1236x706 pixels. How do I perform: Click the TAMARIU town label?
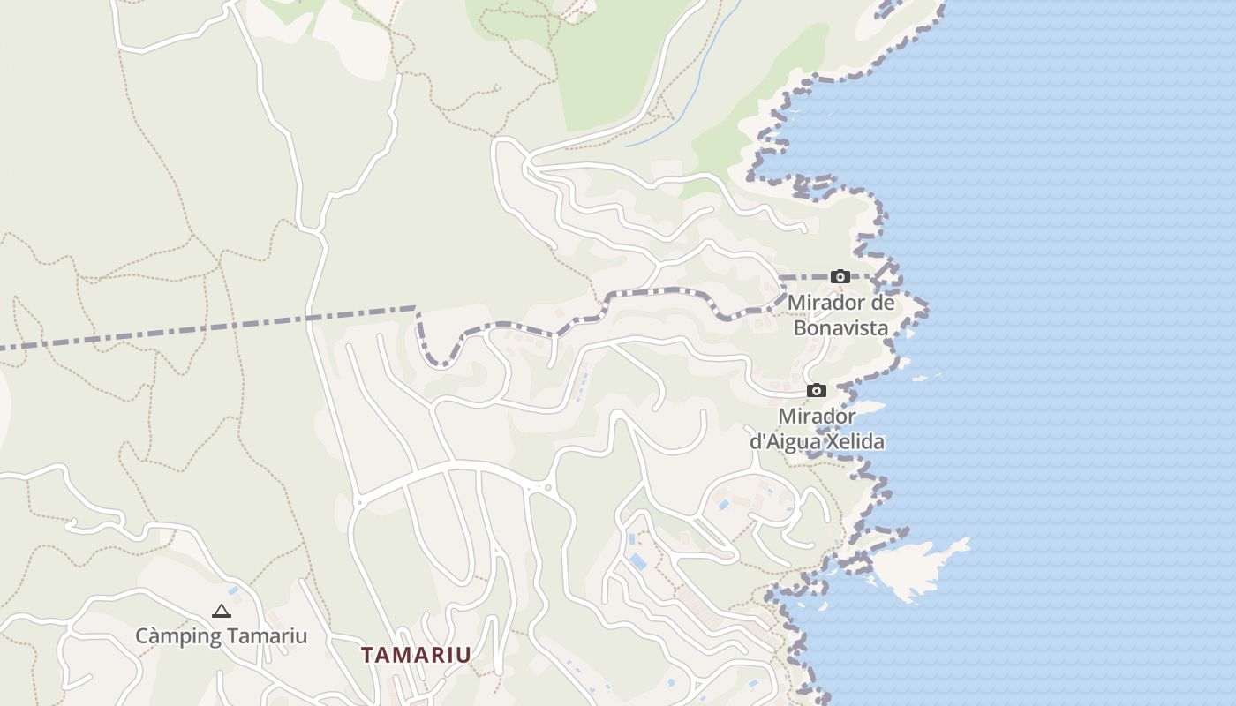tap(416, 655)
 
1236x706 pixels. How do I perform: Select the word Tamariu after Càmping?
tap(267, 635)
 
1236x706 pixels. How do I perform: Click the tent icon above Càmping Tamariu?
tap(221, 610)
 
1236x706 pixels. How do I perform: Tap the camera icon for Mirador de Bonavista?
tap(840, 277)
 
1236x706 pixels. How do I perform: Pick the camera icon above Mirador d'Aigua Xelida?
tap(817, 390)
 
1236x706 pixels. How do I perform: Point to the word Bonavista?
tap(840, 327)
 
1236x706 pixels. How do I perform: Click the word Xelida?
tap(853, 441)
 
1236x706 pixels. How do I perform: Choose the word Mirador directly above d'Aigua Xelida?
tap(817, 416)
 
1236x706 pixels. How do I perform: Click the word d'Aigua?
tap(782, 441)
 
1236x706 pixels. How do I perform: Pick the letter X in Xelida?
tap(828, 441)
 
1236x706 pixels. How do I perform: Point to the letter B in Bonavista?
tap(800, 327)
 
